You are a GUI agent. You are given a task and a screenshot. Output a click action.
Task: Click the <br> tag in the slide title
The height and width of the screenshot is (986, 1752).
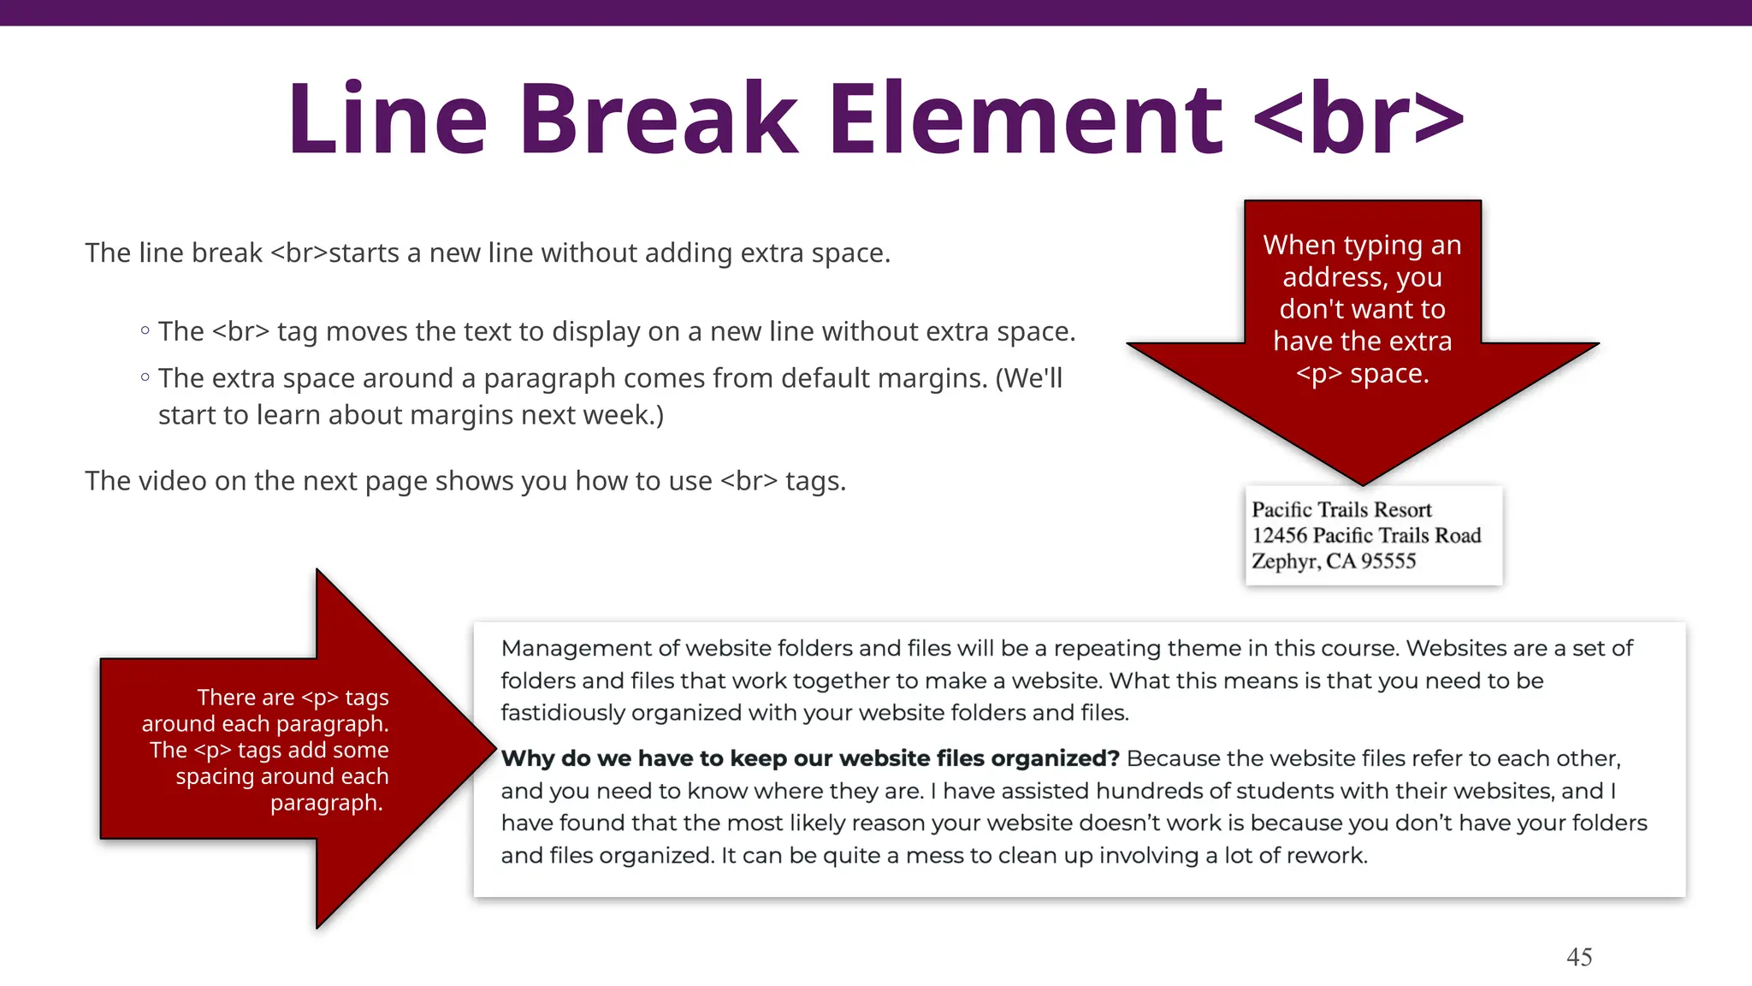[1358, 120]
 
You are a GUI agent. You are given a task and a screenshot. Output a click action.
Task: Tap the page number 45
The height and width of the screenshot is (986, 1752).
[1578, 957]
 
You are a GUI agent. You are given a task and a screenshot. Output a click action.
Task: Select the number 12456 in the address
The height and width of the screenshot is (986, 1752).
[1279, 536]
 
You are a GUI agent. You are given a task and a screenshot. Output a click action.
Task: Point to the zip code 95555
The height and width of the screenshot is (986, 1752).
[1388, 561]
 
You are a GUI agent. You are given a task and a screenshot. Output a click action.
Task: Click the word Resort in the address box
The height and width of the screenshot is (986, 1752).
[1402, 510]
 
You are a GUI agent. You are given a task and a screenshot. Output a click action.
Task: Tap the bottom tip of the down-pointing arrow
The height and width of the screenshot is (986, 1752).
[1362, 484]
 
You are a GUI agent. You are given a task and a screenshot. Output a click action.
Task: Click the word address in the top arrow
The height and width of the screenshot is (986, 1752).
[1331, 277]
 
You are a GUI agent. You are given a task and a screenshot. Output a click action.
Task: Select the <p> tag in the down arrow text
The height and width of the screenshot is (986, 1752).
[1318, 374]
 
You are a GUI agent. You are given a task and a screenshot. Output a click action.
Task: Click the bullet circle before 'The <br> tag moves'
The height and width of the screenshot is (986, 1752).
[145, 331]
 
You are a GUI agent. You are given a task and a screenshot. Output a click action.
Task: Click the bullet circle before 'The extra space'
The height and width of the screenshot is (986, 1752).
[145, 377]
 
